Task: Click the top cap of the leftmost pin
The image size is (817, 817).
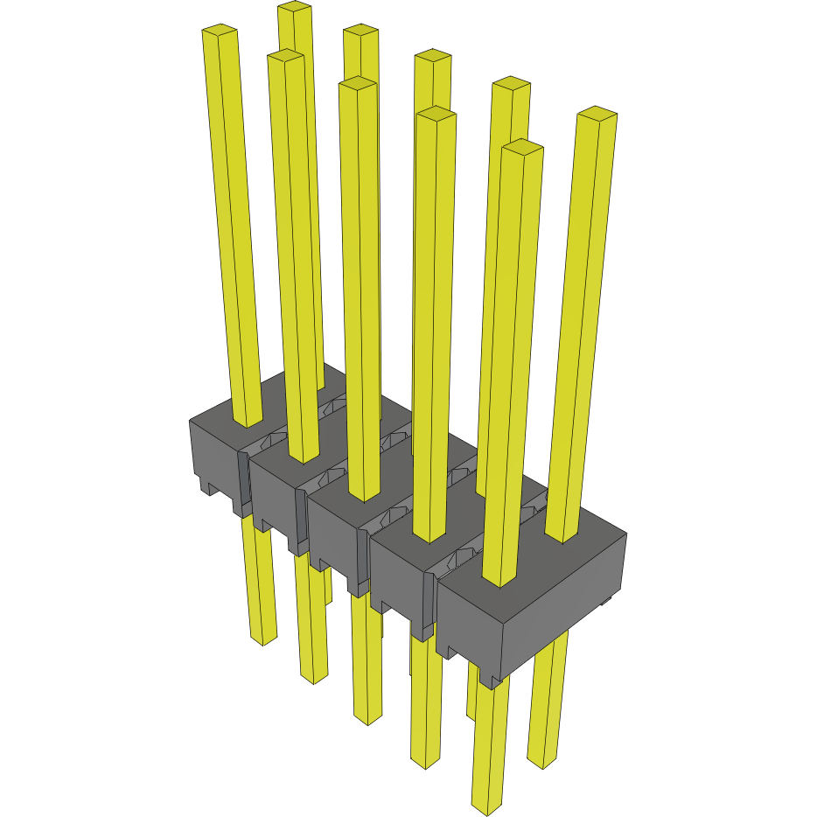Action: coord(220,31)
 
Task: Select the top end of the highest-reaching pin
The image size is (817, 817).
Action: coord(295,7)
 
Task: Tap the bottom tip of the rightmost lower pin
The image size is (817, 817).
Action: coord(542,763)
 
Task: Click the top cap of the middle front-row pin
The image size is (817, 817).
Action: coord(358,84)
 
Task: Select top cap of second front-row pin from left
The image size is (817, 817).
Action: coord(286,55)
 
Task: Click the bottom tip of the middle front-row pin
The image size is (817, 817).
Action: coord(367,719)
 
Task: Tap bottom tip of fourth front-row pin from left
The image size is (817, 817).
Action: coord(425,763)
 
